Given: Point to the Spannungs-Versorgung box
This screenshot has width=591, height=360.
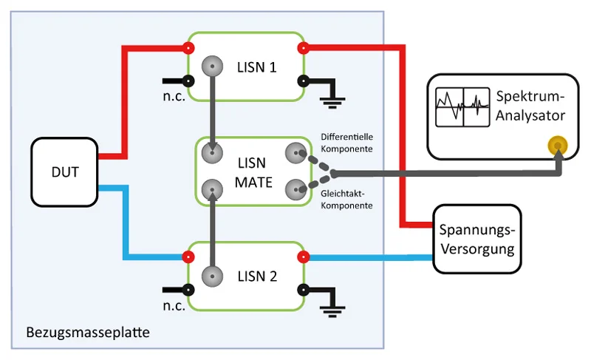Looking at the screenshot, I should click(476, 238).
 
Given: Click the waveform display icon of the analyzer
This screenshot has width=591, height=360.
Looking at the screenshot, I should click(462, 107).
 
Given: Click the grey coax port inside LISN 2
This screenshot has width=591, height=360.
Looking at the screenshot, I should click(213, 276).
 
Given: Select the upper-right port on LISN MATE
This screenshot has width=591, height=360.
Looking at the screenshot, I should click(295, 153).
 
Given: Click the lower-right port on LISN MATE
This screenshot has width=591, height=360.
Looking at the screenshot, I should click(295, 190).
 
